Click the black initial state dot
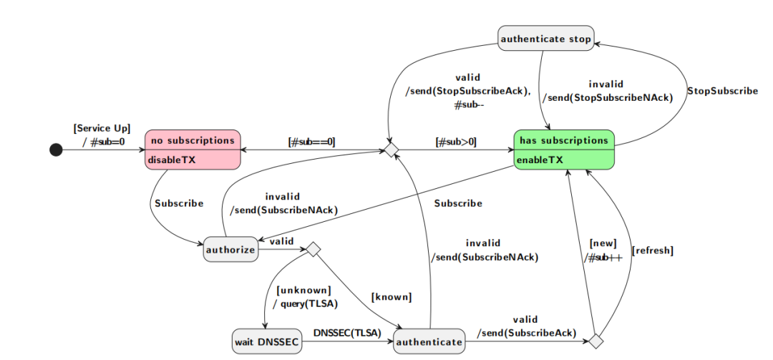56,150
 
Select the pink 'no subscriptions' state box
193,150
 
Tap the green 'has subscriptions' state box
564,150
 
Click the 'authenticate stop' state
546,39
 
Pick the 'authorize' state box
230,250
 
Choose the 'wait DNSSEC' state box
266,341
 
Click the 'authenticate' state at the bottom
429,341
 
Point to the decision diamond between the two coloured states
390,149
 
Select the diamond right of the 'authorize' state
313,250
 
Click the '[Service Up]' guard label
102,128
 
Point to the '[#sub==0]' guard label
312,141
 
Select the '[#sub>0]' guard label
457,141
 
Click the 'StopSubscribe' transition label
722,91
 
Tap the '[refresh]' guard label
652,250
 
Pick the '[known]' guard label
391,296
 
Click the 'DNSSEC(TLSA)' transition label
347,333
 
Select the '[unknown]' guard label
303,290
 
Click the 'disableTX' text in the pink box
172,160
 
